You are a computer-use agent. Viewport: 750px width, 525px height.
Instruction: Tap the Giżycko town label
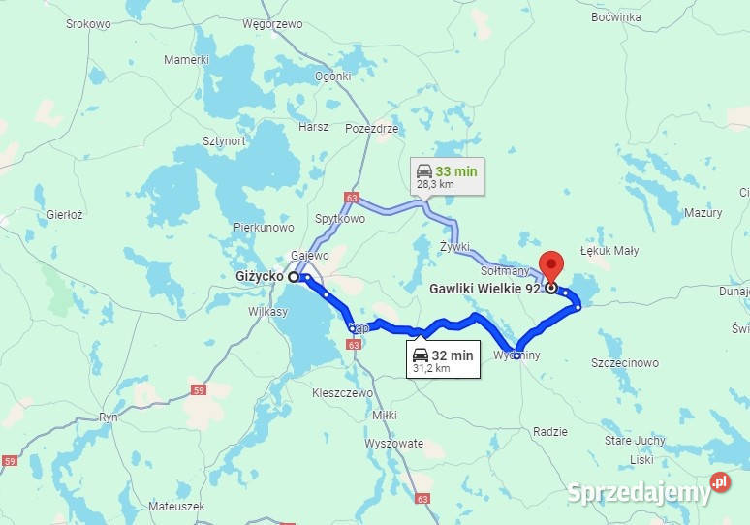click(x=260, y=276)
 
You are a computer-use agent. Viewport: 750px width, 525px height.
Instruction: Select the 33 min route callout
click(x=447, y=177)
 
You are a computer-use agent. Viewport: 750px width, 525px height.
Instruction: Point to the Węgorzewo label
click(x=272, y=23)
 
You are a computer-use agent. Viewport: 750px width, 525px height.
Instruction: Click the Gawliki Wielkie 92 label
click(x=484, y=288)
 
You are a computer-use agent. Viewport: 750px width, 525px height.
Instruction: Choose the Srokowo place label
click(x=88, y=23)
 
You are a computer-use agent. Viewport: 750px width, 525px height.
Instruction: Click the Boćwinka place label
click(x=615, y=17)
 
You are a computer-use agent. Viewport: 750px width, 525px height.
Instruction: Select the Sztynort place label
click(x=223, y=140)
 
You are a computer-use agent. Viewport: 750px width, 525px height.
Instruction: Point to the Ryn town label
click(x=109, y=417)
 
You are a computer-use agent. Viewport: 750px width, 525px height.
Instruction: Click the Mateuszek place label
click(x=176, y=506)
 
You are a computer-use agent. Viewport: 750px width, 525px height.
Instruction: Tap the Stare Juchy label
click(x=636, y=441)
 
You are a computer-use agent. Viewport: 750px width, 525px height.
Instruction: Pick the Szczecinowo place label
click(x=625, y=363)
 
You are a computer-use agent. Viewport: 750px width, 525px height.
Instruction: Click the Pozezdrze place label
click(x=371, y=128)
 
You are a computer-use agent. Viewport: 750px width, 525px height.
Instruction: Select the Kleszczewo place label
click(x=343, y=394)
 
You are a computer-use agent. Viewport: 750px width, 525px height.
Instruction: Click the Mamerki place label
click(x=186, y=59)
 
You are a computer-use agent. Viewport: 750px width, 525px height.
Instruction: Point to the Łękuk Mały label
click(x=609, y=251)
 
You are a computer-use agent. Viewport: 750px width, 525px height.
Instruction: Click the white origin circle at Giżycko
click(x=293, y=276)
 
